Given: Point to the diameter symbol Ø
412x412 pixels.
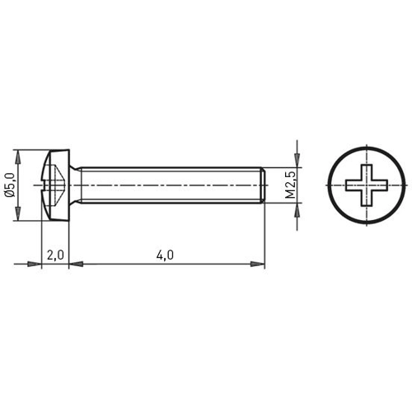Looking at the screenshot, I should tap(10, 196).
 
